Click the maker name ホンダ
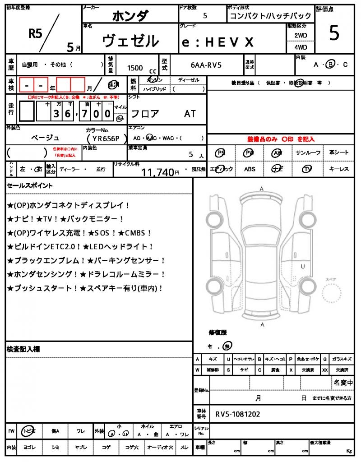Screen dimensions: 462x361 (x=130, y=16)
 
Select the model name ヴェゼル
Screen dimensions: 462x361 (x=130, y=41)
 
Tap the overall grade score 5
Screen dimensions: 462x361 (x=334, y=33)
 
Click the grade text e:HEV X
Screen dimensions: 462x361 (x=218, y=42)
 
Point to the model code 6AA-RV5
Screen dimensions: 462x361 (x=206, y=65)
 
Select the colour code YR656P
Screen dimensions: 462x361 (x=103, y=139)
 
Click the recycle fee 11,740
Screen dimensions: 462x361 (x=157, y=171)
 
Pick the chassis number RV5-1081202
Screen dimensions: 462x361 (x=237, y=414)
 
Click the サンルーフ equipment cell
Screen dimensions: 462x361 (x=308, y=153)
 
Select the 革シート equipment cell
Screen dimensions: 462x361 (x=338, y=153)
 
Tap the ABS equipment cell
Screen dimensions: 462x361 (x=250, y=169)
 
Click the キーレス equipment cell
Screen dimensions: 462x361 (x=338, y=169)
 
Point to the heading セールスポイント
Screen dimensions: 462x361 (x=30, y=185)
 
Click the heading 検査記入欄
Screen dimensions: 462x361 (x=23, y=349)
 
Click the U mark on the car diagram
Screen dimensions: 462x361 (x=303, y=266)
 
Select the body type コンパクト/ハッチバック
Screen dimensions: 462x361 (x=255, y=16)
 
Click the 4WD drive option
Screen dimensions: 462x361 (x=301, y=47)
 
